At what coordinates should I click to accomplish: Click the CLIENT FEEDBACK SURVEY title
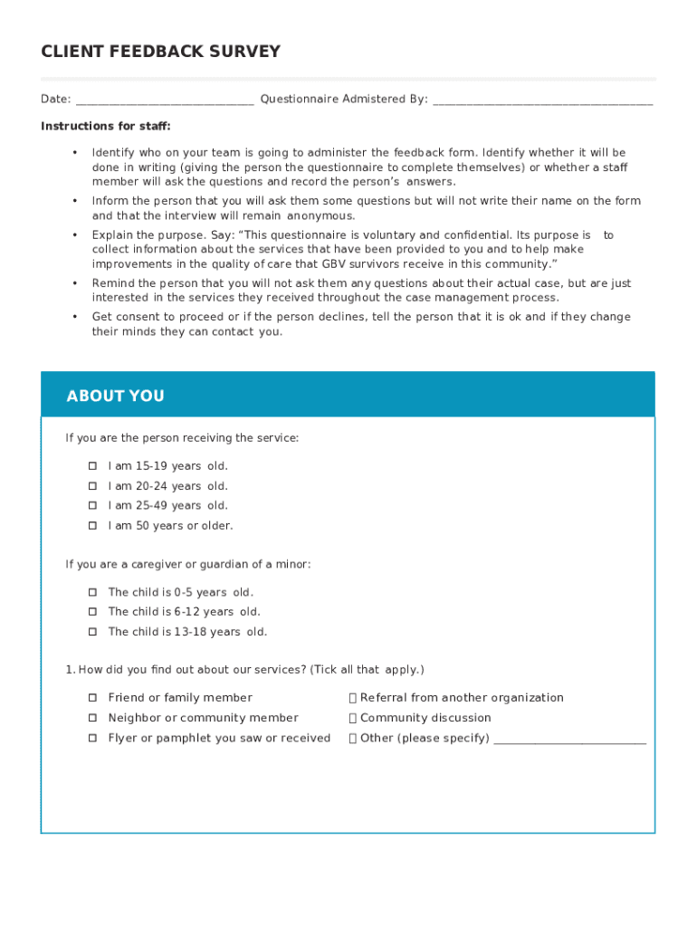(160, 52)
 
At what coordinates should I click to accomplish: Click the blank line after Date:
(165, 100)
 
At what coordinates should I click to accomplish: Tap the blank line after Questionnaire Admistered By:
(542, 100)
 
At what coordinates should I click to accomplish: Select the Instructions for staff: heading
(105, 126)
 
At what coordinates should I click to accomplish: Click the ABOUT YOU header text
(115, 396)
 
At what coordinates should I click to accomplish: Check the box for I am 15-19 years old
(92, 466)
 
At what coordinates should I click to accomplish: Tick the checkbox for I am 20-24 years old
(92, 486)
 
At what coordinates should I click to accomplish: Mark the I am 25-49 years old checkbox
(92, 506)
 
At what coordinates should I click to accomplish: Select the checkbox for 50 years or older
(92, 526)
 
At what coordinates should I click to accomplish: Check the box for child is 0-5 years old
(92, 592)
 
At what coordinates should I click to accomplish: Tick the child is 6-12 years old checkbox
(92, 612)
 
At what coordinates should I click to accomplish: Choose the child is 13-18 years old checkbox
(92, 632)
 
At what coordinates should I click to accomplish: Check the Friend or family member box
(92, 698)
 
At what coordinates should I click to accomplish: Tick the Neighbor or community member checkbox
(92, 718)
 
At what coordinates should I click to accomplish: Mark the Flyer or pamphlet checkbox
(92, 738)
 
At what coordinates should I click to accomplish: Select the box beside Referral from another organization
(353, 698)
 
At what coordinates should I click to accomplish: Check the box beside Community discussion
(353, 718)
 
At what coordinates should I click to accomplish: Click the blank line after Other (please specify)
(570, 739)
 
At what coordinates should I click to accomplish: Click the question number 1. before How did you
(70, 670)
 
